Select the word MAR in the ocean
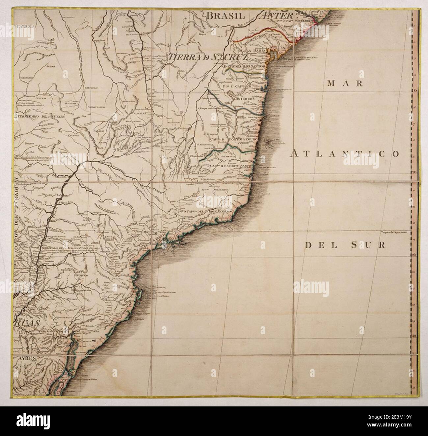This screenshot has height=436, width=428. [x=345, y=83]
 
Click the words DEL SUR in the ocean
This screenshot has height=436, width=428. [x=345, y=245]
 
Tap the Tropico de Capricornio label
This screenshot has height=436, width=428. [x=395, y=232]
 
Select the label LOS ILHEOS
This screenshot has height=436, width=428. [x=242, y=98]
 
